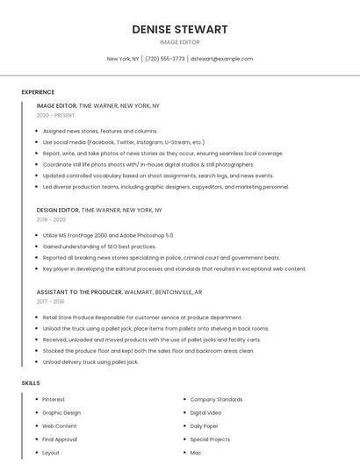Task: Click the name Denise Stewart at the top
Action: (x=180, y=29)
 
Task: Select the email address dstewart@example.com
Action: (x=221, y=59)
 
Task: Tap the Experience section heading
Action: (x=38, y=92)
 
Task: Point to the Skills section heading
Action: (x=31, y=383)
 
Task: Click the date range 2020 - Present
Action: (x=55, y=115)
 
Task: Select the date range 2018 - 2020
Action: (x=51, y=220)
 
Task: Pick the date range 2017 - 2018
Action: (x=51, y=301)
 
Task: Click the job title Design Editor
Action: (x=58, y=211)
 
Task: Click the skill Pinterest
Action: (x=54, y=399)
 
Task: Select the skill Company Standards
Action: (x=216, y=399)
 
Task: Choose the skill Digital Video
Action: (x=205, y=412)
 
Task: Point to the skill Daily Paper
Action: (x=205, y=426)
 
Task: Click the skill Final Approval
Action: (x=60, y=439)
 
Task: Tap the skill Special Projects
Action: (x=210, y=439)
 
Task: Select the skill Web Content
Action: (x=60, y=426)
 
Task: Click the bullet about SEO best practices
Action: (x=99, y=247)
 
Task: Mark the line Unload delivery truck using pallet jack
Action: (x=90, y=361)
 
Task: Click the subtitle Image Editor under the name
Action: (x=180, y=42)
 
